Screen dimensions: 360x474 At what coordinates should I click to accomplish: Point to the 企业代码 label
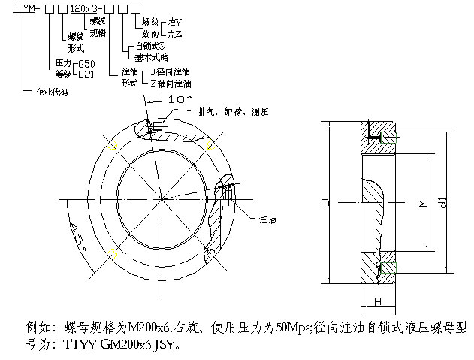click(x=53, y=93)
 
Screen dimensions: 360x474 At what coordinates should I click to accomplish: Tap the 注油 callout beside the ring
click(x=268, y=221)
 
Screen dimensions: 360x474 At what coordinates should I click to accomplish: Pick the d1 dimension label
click(x=443, y=201)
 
